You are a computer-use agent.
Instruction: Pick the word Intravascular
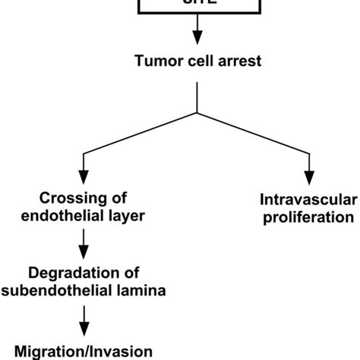[x=308, y=201]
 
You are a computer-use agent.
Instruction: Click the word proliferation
[x=308, y=217]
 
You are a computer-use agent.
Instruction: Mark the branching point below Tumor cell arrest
[x=197, y=113]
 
